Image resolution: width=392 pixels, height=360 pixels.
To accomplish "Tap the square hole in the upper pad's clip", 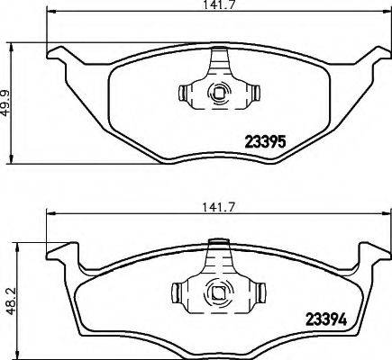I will tap(216, 92).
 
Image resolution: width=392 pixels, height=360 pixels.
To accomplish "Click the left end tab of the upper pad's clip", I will tap(185, 92).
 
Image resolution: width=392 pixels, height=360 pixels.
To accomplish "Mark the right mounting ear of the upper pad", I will tap(369, 58).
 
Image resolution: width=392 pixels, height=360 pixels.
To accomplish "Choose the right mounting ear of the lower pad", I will tap(369, 253).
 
